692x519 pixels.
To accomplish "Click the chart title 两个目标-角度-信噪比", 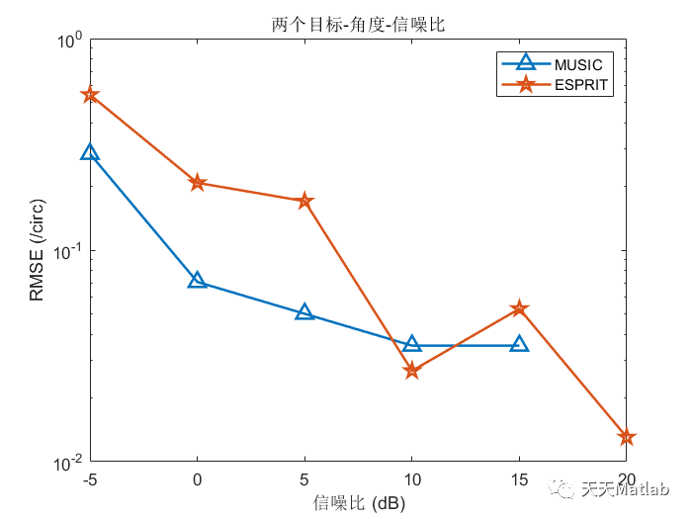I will click(359, 25).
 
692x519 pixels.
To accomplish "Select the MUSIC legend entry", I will click(577, 63).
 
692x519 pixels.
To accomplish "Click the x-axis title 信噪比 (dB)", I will click(359, 502).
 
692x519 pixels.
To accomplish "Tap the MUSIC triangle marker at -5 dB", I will click(90, 152).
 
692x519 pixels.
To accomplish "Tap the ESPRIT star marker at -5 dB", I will click(90, 95).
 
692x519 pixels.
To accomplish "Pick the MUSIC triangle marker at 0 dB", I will click(198, 281).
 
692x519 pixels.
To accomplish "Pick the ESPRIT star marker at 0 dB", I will click(198, 183).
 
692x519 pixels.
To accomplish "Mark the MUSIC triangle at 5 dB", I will click(304, 312).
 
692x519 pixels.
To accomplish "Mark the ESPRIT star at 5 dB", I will click(304, 202).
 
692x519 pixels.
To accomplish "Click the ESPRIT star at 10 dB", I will click(412, 371).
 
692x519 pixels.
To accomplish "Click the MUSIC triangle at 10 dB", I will click(412, 344).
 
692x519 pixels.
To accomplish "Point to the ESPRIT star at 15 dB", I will click(519, 309).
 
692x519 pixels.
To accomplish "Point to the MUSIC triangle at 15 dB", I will click(519, 344).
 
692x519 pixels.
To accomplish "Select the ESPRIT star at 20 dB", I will click(626, 437).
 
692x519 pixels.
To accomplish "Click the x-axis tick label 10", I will click(412, 479).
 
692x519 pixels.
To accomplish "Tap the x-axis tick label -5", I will click(90, 479).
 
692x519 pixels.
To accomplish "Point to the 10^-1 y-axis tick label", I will click(69, 251).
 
